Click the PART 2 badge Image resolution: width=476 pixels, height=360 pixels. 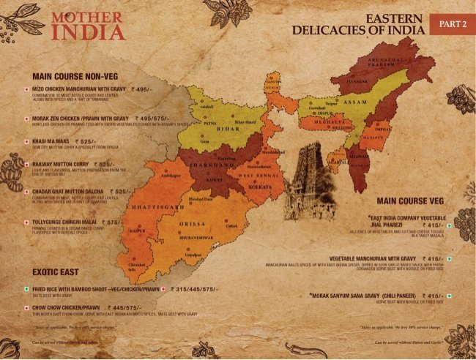453,24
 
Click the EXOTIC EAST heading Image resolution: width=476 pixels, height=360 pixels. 57,272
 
